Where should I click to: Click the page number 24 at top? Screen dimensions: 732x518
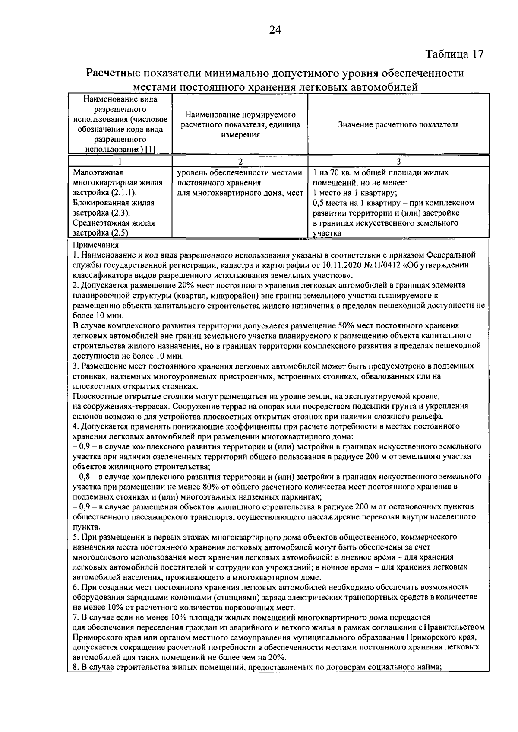[275, 30]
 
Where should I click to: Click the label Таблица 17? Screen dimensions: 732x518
[455, 54]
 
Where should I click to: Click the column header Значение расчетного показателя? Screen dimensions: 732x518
[398, 125]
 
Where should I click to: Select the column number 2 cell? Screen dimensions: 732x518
[240, 161]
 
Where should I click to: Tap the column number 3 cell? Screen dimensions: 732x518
[398, 161]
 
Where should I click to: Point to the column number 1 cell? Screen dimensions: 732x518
[120, 161]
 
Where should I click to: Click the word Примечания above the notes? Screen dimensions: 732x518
[94, 245]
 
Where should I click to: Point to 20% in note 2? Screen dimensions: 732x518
[185, 285]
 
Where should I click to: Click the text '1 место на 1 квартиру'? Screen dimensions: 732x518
[355, 193]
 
